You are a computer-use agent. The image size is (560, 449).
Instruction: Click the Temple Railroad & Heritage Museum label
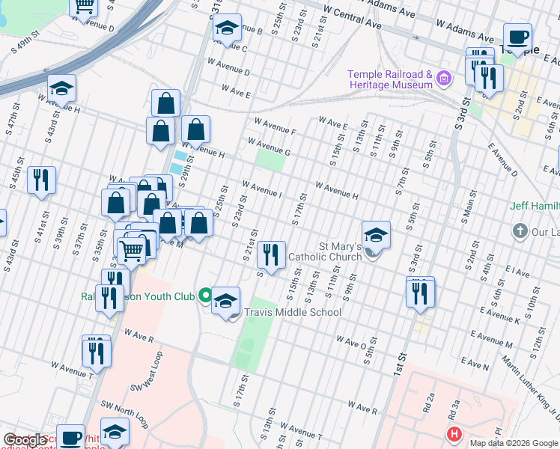390,79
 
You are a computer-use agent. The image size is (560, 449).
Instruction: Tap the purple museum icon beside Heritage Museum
445,78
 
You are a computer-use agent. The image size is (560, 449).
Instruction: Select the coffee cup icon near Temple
517,37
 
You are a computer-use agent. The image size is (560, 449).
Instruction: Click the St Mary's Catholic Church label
329,251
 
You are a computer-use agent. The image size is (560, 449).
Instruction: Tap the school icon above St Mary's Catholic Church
376,234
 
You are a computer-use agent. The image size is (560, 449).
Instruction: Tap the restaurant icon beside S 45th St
41,180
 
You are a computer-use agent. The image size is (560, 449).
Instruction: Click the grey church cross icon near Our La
520,230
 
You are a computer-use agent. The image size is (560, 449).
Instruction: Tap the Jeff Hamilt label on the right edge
535,206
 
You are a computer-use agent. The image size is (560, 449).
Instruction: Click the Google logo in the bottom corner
25,440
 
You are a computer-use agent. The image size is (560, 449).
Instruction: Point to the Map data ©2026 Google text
514,443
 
